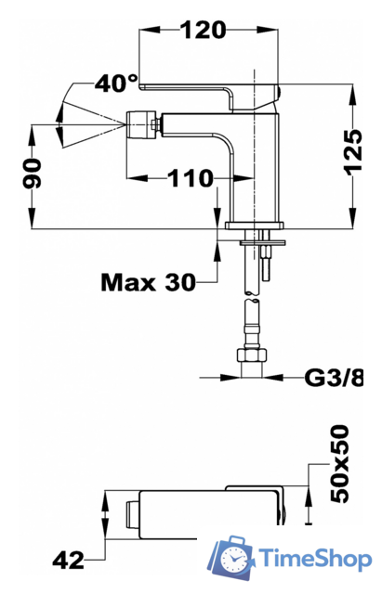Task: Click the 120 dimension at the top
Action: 203,30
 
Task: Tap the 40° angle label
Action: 116,83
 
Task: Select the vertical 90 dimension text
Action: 32,174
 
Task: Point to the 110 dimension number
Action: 191,178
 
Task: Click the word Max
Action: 128,282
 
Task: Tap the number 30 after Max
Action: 180,282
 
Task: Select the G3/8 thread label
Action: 334,378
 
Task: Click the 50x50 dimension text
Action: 339,464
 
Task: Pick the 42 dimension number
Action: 68,560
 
